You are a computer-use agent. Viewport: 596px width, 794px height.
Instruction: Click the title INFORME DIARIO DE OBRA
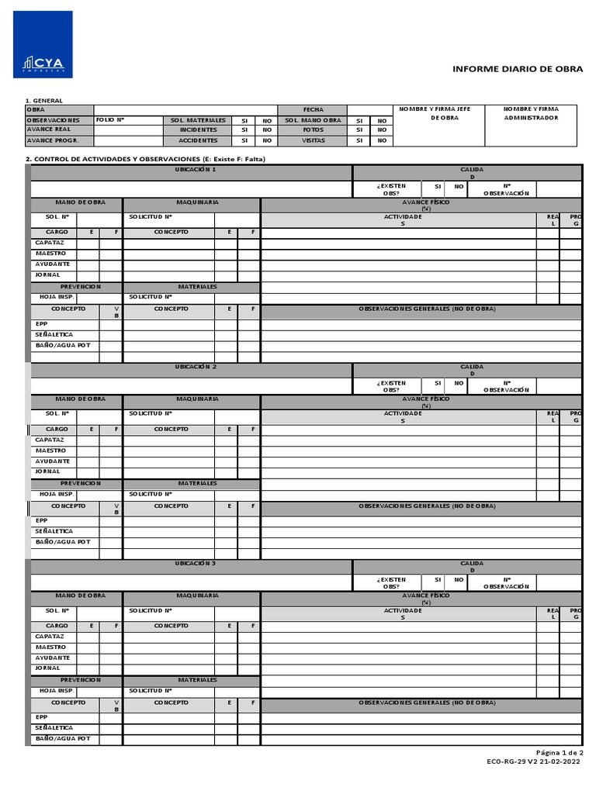point(518,69)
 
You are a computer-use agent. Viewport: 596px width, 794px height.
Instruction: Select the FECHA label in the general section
point(313,110)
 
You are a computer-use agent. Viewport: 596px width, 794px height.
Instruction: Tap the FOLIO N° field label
point(110,120)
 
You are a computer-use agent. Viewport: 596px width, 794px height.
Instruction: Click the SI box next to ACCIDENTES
point(244,141)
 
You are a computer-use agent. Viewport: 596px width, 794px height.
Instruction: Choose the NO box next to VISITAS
point(381,141)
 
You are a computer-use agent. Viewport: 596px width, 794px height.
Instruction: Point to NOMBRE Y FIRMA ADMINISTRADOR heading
point(531,113)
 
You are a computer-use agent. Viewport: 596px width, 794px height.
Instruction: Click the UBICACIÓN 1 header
point(196,169)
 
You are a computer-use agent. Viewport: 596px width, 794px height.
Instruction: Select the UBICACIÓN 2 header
point(196,366)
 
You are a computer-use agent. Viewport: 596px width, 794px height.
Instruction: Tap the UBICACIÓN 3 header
point(196,562)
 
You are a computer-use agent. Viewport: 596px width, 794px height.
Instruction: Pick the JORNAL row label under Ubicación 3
point(47,668)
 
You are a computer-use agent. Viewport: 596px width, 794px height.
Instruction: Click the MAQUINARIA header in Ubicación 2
point(197,399)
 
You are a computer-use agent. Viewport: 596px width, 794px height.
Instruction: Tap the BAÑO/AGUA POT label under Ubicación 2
point(63,541)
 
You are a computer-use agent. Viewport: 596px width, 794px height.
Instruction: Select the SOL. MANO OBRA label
point(313,120)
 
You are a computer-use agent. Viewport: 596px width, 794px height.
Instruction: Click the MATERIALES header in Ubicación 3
point(197,679)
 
